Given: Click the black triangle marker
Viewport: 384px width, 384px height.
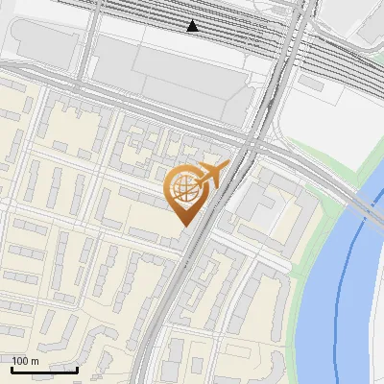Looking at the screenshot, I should pyautogui.click(x=193, y=26).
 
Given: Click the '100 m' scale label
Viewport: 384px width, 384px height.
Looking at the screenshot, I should pyautogui.click(x=25, y=361).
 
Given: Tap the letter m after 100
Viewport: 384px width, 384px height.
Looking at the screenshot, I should pyautogui.click(x=35, y=361).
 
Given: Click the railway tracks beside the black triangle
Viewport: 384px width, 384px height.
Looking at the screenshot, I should pyautogui.click(x=230, y=29).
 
